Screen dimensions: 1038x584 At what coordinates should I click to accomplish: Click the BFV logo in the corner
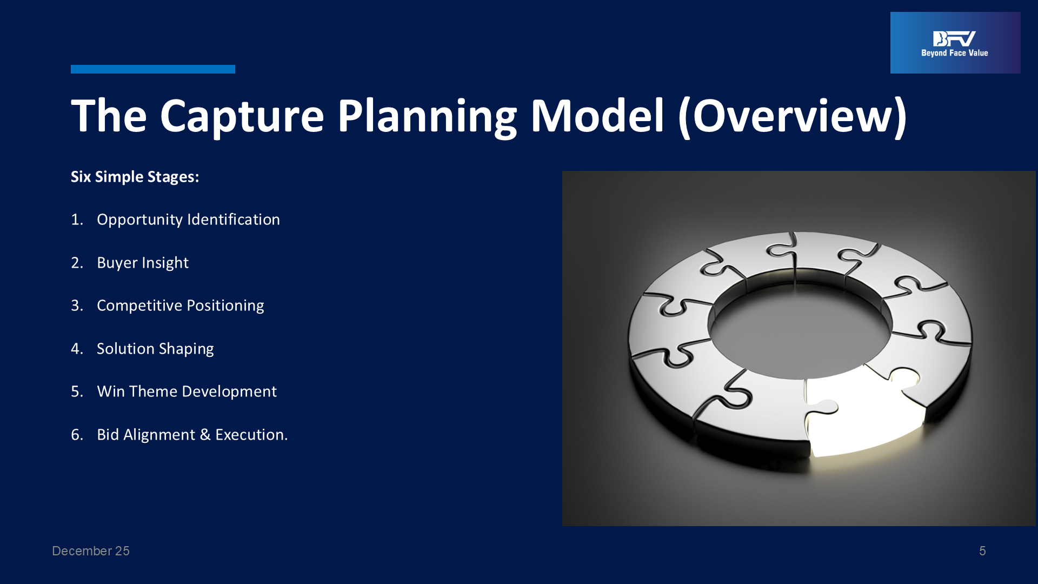click(x=955, y=43)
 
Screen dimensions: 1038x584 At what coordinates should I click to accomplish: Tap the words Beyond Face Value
click(x=955, y=53)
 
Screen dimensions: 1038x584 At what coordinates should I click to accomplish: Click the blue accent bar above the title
click(x=153, y=69)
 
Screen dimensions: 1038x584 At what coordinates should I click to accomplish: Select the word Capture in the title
click(x=242, y=117)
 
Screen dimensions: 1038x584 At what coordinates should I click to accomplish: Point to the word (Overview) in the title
click(x=793, y=117)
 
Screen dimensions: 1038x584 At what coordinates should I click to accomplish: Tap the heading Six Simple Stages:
click(x=135, y=177)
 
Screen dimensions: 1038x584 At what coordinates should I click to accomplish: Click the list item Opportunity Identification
click(x=188, y=220)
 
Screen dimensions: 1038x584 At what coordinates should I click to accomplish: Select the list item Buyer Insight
click(x=143, y=263)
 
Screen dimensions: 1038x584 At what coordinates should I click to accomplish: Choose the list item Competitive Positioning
click(x=181, y=306)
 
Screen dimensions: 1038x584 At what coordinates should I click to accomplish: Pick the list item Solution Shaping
click(x=155, y=349)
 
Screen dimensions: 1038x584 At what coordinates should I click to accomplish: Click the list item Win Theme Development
click(x=187, y=391)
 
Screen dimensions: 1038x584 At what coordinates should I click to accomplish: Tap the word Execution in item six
click(x=250, y=435)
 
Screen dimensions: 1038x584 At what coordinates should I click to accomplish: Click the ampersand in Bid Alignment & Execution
click(x=205, y=435)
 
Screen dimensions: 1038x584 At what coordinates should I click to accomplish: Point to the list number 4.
click(x=76, y=349)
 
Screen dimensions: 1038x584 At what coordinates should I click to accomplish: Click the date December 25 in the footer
click(x=91, y=551)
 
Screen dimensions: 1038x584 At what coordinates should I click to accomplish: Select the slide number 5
click(x=982, y=551)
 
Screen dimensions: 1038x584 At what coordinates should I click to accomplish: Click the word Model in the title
click(x=597, y=116)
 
